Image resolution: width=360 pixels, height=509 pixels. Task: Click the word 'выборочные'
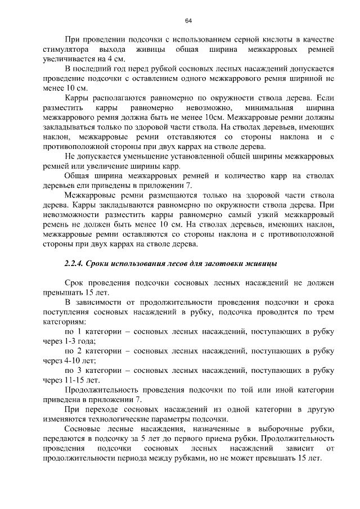(x=278, y=429)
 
